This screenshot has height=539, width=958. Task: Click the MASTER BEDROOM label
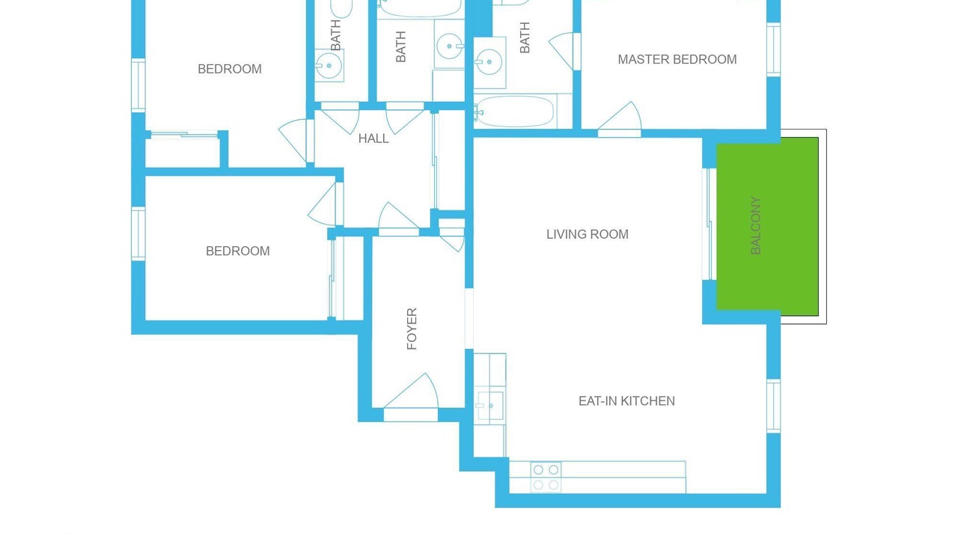[677, 59]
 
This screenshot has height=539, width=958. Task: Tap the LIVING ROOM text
[588, 234]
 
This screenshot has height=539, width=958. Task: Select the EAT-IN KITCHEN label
[626, 401]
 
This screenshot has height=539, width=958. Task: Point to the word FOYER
[412, 329]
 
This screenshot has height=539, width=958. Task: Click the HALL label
[373, 138]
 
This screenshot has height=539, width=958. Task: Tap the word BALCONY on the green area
[756, 225]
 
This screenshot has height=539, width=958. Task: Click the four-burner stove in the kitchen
[546, 477]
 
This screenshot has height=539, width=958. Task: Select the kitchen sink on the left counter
[490, 406]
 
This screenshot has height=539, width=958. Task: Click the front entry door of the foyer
[411, 397]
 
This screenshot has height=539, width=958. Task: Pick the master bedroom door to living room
[619, 119]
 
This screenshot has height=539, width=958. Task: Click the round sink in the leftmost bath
[329, 65]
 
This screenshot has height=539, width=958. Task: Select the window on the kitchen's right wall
[774, 406]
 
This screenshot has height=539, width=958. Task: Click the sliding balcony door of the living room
[710, 224]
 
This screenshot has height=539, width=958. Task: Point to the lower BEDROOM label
[238, 251]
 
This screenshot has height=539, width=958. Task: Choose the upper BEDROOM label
[230, 69]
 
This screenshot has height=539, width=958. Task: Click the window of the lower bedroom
[138, 234]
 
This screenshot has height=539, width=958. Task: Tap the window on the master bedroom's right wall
[774, 49]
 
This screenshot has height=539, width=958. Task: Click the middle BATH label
[400, 46]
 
